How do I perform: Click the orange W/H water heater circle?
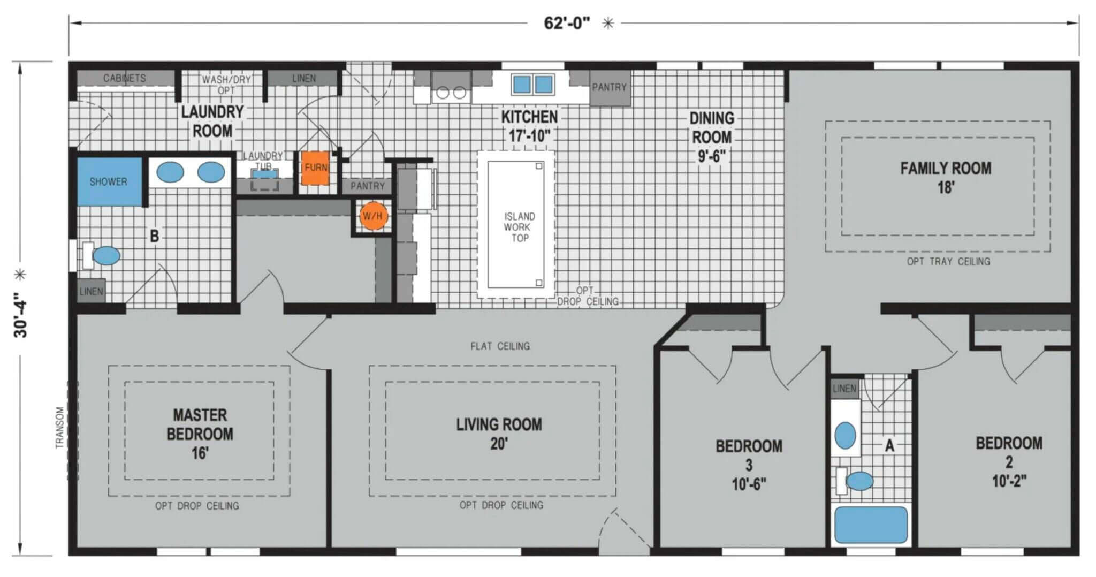pyautogui.click(x=373, y=216)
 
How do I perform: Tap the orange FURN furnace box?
pyautogui.click(x=315, y=168)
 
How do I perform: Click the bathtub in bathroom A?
pyautogui.click(x=871, y=525)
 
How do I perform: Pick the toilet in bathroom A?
pyautogui.click(x=855, y=481)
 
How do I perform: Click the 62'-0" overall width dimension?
pyautogui.click(x=567, y=23)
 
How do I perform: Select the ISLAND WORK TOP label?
pyautogui.click(x=519, y=227)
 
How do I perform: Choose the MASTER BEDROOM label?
pyautogui.click(x=200, y=424)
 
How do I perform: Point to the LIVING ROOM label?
pyautogui.click(x=499, y=424)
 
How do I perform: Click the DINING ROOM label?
pyautogui.click(x=711, y=128)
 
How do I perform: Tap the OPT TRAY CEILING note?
pyautogui.click(x=948, y=262)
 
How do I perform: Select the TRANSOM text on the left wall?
pyautogui.click(x=59, y=427)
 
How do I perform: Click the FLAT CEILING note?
pyautogui.click(x=500, y=346)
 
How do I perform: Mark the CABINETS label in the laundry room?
pyautogui.click(x=125, y=78)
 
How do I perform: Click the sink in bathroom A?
pyautogui.click(x=845, y=435)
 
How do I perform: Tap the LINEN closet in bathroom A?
pyautogui.click(x=844, y=389)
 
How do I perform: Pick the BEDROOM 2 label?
pyautogui.click(x=1009, y=461)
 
